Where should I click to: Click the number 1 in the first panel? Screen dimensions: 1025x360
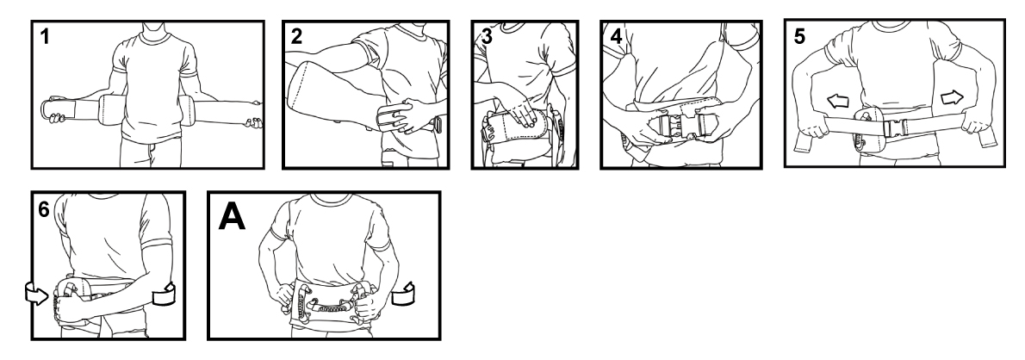[x=45, y=37]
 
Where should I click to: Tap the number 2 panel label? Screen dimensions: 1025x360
[x=297, y=37]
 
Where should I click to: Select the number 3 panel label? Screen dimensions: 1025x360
[x=487, y=37]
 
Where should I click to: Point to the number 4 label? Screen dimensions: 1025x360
[x=616, y=37]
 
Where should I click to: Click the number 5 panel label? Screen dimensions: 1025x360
[x=799, y=37]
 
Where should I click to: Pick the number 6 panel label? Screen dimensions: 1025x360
[x=43, y=209]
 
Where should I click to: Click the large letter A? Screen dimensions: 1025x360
[x=232, y=216]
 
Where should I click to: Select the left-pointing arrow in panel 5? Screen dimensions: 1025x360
[x=837, y=101]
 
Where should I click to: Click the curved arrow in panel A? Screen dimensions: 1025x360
[x=403, y=295]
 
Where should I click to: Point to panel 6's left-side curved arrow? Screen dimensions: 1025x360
[x=36, y=294]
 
